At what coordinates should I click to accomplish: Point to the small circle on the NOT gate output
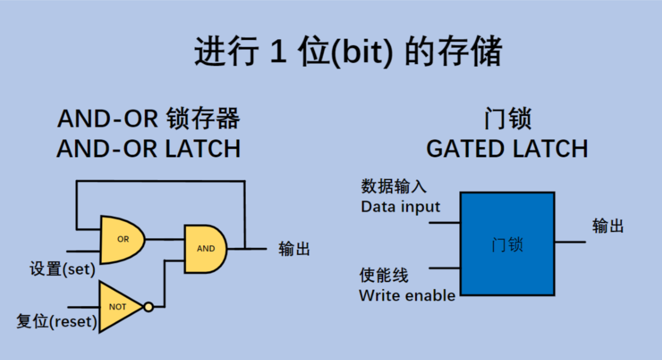tap(148, 307)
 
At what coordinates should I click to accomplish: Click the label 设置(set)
tap(63, 269)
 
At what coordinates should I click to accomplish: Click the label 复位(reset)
tap(56, 322)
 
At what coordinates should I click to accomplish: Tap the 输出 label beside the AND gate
tap(294, 249)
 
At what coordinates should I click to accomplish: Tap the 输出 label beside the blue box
tap(608, 226)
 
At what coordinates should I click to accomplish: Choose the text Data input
tap(400, 207)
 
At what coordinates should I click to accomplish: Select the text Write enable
tap(407, 295)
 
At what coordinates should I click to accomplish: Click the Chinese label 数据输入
tap(394, 186)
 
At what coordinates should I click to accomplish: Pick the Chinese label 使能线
tap(384, 275)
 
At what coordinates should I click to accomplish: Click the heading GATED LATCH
tap(507, 149)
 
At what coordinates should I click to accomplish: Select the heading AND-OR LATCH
tap(148, 149)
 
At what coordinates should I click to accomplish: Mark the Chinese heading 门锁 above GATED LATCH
tap(507, 118)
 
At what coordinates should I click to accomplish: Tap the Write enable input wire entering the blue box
tap(444, 268)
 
